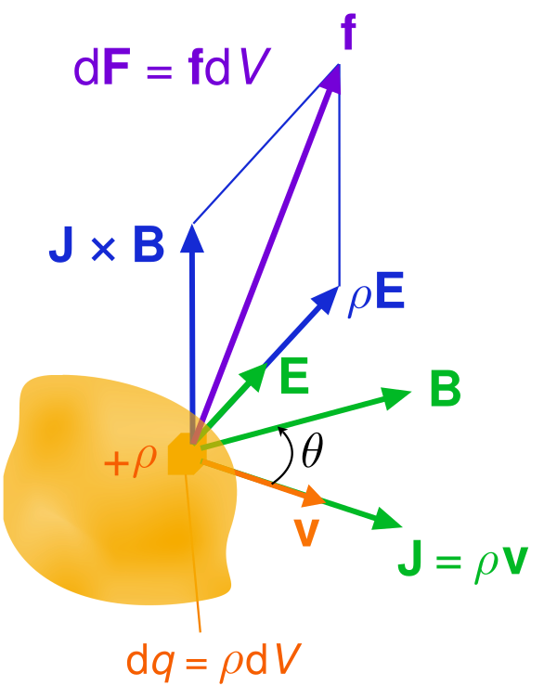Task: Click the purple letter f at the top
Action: click(348, 34)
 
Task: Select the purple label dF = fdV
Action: click(171, 71)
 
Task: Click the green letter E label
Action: click(294, 377)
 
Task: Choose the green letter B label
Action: click(445, 390)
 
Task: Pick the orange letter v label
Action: click(305, 532)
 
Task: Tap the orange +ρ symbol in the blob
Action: click(131, 460)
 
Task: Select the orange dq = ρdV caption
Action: click(214, 660)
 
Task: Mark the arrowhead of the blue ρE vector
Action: click(328, 297)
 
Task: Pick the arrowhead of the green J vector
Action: click(387, 521)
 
